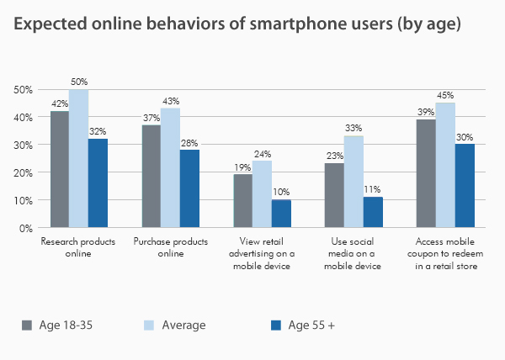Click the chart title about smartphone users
coord(237,24)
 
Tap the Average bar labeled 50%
coord(78,158)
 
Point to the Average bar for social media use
coord(354,182)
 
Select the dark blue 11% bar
coord(373,212)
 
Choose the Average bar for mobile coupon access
coord(445,165)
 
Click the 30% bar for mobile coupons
coord(465,185)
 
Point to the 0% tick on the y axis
coord(24,228)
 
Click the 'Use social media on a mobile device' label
coord(353,253)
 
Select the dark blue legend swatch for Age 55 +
coord(275,325)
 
